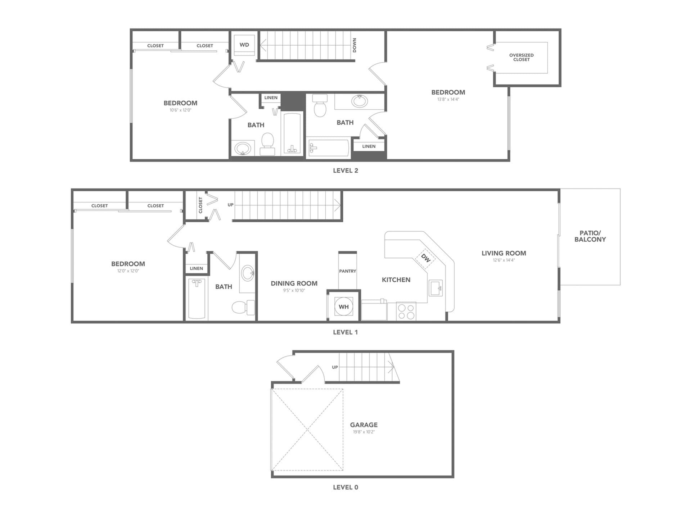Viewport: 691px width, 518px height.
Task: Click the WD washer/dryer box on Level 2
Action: click(244, 45)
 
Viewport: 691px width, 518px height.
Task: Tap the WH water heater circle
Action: click(343, 307)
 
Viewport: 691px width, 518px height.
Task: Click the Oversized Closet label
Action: click(521, 57)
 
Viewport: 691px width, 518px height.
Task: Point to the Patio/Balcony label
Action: click(590, 236)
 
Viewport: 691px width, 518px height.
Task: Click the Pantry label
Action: click(347, 271)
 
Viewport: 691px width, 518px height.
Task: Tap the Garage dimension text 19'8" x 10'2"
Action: click(363, 432)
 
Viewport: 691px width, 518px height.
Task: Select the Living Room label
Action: click(503, 253)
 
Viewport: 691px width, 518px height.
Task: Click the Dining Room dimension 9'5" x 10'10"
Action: click(294, 291)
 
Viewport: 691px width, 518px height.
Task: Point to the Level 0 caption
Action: click(345, 487)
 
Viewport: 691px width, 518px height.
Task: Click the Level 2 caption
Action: click(345, 171)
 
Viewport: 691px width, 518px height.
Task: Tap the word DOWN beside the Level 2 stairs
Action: click(354, 45)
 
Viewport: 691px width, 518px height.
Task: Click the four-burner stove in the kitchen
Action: click(406, 312)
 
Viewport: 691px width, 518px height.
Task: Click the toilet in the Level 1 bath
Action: click(242, 308)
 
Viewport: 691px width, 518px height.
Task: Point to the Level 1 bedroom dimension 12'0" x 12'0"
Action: click(128, 271)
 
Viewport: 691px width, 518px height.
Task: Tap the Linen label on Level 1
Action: click(196, 268)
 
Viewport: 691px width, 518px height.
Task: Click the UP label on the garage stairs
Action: click(335, 367)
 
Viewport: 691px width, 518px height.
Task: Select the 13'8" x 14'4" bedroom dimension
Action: click(448, 99)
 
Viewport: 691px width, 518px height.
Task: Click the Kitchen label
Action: click(396, 280)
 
